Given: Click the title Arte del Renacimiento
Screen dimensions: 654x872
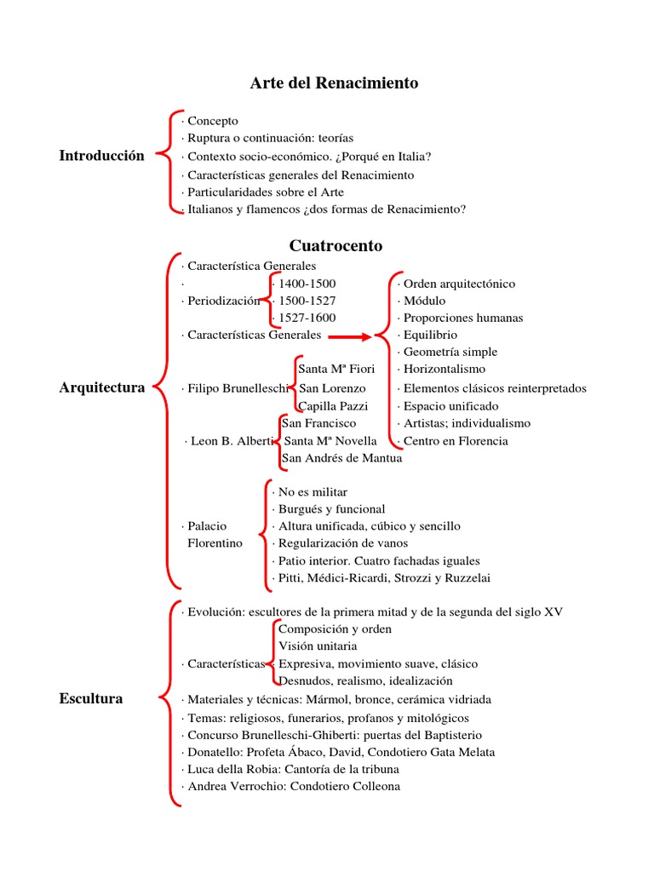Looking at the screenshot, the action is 334,83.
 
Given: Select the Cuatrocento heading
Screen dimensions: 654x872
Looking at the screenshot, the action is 336,246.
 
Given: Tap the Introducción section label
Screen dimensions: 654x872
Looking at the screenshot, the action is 101,156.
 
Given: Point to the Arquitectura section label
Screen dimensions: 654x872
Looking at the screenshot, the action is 102,387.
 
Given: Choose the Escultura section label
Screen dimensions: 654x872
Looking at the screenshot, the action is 91,699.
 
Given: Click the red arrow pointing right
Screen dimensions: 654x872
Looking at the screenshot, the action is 350,336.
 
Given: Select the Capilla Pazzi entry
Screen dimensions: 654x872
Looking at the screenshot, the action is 332,405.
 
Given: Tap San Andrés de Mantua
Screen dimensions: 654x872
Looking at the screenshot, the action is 341,458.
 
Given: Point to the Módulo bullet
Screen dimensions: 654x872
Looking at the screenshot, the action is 424,301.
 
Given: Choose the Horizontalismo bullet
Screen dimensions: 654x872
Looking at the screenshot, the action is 444,369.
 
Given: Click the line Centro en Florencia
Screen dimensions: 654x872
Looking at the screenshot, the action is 455,441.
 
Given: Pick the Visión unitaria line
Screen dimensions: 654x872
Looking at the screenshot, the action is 318,646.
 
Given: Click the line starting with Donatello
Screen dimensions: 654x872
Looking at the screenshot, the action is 338,752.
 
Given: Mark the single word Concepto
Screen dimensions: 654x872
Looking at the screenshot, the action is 212,121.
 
